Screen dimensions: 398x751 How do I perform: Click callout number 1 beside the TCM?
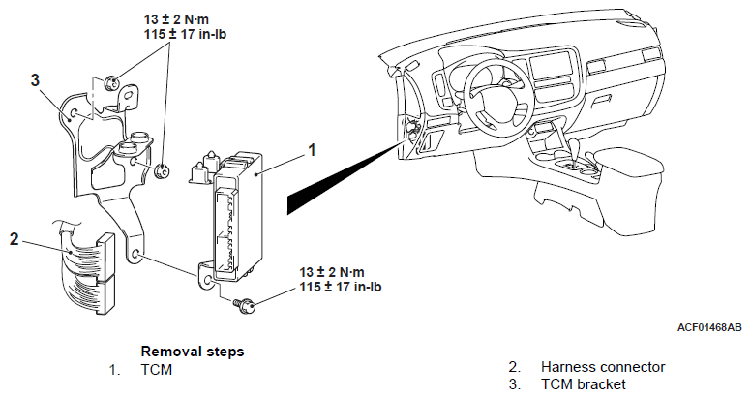[x=311, y=150]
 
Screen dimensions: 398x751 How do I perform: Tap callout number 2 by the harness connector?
[x=14, y=237]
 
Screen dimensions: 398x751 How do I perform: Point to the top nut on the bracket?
[x=110, y=82]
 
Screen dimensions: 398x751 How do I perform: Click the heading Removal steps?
[x=192, y=351]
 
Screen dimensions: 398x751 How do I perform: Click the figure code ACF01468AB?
[x=709, y=328]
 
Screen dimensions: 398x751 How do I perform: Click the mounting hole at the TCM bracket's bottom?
[x=140, y=255]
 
